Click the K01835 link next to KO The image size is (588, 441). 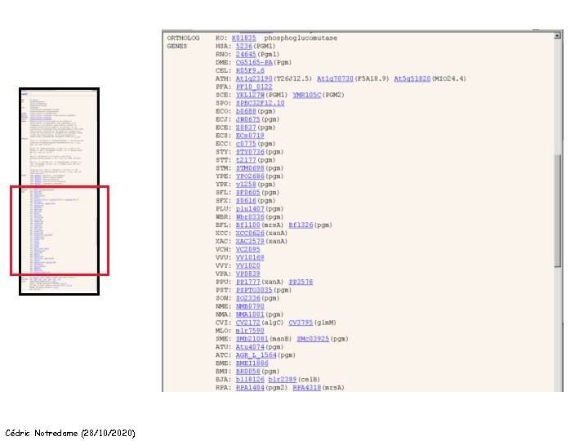[x=243, y=38]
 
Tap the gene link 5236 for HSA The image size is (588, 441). [x=244, y=47]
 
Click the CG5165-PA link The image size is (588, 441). [x=254, y=62]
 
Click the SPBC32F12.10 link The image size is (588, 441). [x=260, y=103]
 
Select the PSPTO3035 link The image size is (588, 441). [x=254, y=289]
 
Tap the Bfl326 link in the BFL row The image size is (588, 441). [x=301, y=225]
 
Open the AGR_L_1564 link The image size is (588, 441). [x=256, y=354]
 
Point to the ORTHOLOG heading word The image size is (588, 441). [x=182, y=38]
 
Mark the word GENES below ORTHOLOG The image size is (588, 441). [x=177, y=47]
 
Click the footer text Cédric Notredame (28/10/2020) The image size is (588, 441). [x=70, y=432]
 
